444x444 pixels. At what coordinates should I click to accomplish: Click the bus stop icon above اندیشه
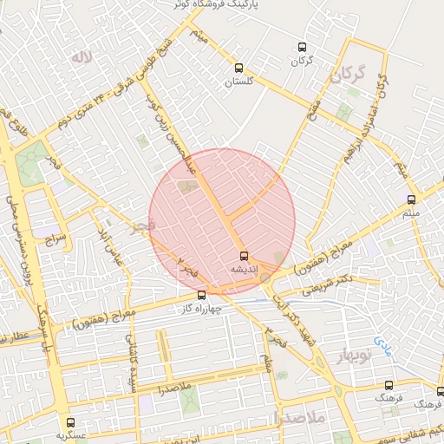[244, 256]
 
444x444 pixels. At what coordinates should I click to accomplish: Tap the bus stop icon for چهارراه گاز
[202, 295]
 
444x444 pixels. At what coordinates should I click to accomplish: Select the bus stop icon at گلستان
[238, 68]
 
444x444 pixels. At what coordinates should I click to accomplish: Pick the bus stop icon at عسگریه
[71, 423]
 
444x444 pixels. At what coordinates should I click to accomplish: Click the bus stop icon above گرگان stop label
[301, 48]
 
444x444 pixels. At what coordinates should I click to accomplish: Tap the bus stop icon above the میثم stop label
[411, 199]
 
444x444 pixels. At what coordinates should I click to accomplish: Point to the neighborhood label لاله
[81, 58]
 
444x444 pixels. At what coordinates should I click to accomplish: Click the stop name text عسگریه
[72, 435]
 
